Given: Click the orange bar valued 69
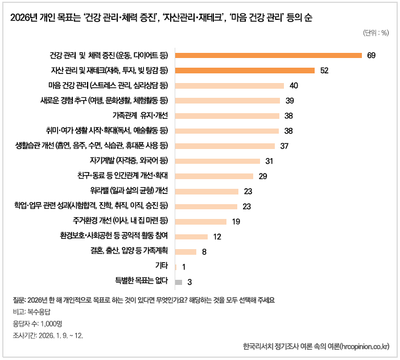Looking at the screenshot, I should pyautogui.click(x=269, y=55).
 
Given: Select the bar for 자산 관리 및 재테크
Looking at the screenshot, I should pyautogui.click(x=245, y=71).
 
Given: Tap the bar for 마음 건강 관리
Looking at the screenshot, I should pyautogui.click(x=229, y=86).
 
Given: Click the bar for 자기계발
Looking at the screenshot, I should pyautogui.click(x=217, y=161).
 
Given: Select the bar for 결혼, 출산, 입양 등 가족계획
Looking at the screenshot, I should pyautogui.click(x=186, y=251).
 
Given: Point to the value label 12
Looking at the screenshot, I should pyautogui.click(x=217, y=237).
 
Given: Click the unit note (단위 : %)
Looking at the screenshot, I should pyautogui.click(x=375, y=32).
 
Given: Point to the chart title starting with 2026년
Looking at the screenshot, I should pyautogui.click(x=161, y=18).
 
